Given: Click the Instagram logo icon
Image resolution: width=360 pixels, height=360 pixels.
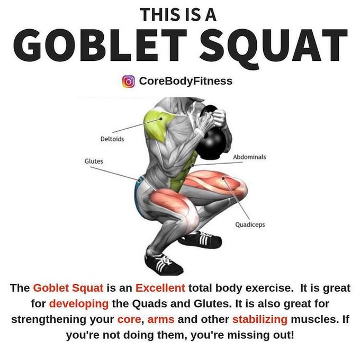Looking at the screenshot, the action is tap(129, 82).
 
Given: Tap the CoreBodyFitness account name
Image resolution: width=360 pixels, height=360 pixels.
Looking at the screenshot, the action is tap(186, 81).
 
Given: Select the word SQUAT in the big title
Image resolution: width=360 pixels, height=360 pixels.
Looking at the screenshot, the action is tap(274, 47).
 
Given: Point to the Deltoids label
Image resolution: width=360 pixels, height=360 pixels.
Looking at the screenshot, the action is tap(112, 139).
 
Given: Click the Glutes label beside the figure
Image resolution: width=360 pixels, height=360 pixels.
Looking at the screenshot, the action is tap(94, 161).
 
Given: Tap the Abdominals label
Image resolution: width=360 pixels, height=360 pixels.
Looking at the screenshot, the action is tap(249, 157).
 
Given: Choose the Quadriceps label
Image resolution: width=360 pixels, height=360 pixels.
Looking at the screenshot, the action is tap(250, 224).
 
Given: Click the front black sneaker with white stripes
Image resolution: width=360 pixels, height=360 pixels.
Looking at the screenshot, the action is tap(164, 264).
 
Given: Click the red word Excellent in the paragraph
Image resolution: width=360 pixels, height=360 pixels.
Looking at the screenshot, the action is tap(160, 288).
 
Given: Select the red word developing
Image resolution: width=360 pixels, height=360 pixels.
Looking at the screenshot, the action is tap(79, 304).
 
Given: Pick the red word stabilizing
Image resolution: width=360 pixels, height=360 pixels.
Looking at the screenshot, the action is tap(260, 319).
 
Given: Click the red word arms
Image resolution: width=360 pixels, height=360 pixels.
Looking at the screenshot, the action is tap(161, 320).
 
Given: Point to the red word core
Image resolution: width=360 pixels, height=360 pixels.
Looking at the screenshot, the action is tap(129, 320).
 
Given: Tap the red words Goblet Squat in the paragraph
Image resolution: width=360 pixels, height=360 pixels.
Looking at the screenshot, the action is tap(68, 288).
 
